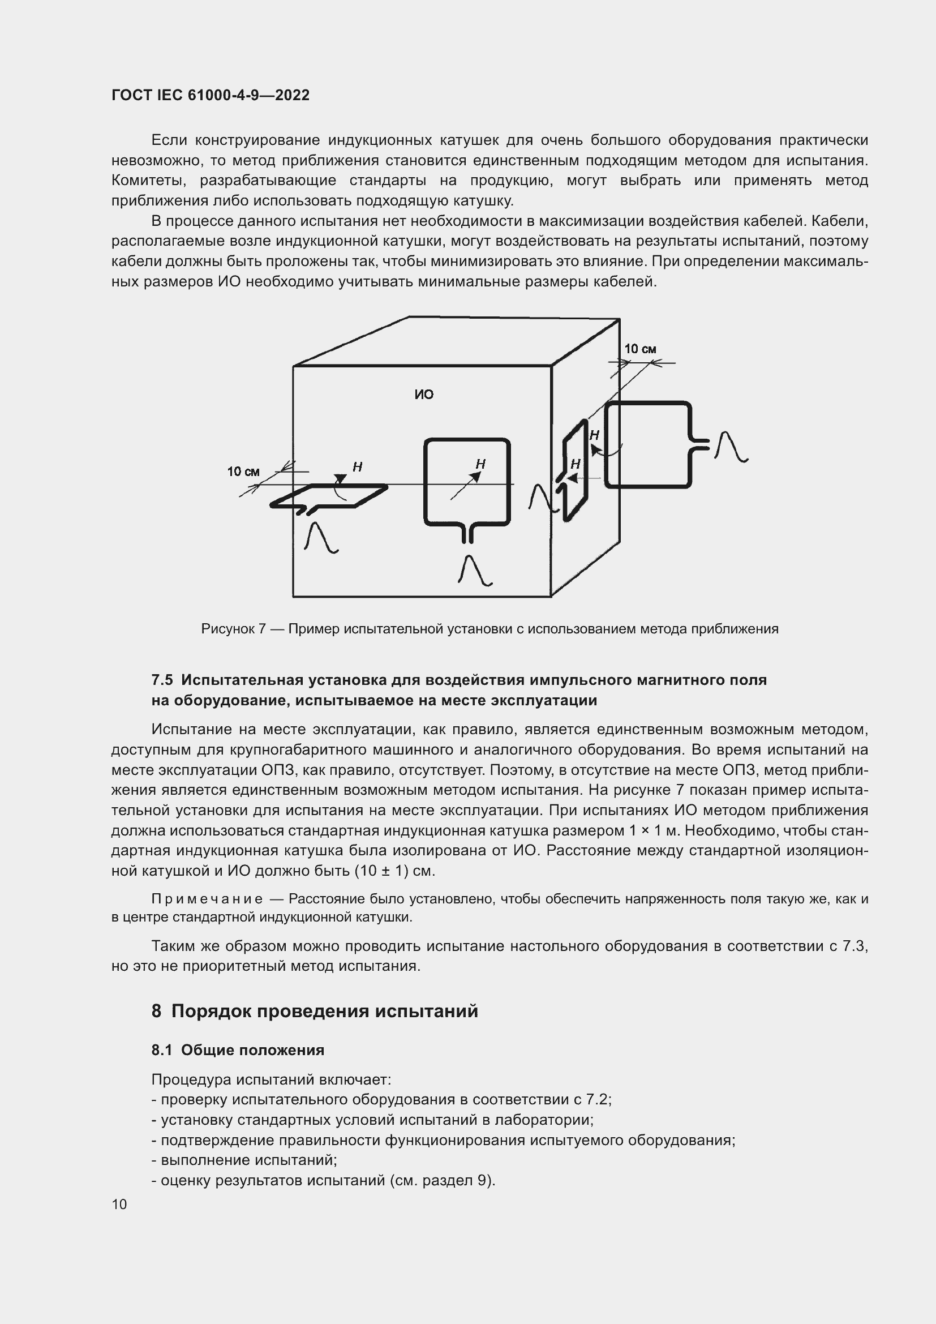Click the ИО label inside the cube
pyautogui.click(x=424, y=395)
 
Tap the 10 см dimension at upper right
pyautogui.click(x=640, y=349)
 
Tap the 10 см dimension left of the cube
pyautogui.click(x=243, y=472)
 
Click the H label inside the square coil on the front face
pyautogui.click(x=480, y=464)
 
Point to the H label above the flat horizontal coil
pyautogui.click(x=357, y=467)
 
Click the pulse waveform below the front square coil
pyautogui.click(x=475, y=571)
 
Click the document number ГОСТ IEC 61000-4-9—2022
pyautogui.click(x=211, y=95)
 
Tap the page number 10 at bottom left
pyautogui.click(x=119, y=1204)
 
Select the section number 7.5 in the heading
pyautogui.click(x=162, y=680)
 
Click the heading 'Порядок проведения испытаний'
pyautogui.click(x=324, y=1012)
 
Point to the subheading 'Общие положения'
pyautogui.click(x=252, y=1050)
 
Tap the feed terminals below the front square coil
pyautogui.click(x=467, y=534)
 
